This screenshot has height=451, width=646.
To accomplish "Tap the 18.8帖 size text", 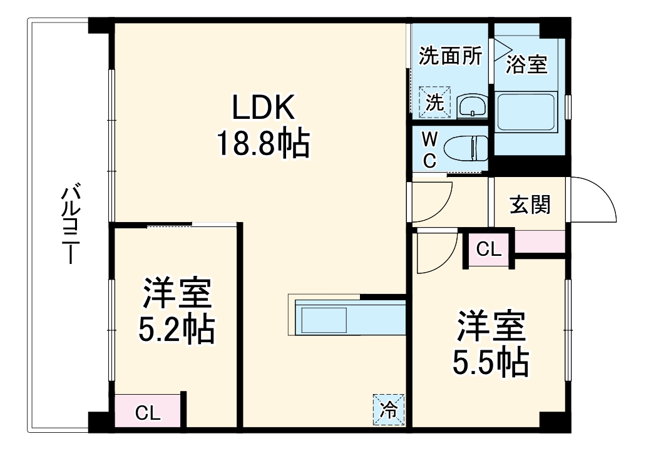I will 263,144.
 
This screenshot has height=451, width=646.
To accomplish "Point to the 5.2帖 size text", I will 177,329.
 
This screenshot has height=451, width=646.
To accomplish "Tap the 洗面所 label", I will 450,56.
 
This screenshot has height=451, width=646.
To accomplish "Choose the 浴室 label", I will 526,64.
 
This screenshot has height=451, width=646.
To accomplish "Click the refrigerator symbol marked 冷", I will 389,410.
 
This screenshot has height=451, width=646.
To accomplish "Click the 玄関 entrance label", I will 530,205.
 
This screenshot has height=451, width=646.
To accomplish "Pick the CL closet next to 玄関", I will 489,249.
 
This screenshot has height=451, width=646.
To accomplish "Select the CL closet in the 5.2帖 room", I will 148,413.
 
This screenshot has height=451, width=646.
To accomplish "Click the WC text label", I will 429,149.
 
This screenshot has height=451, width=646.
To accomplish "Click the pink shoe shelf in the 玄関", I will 540,242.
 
